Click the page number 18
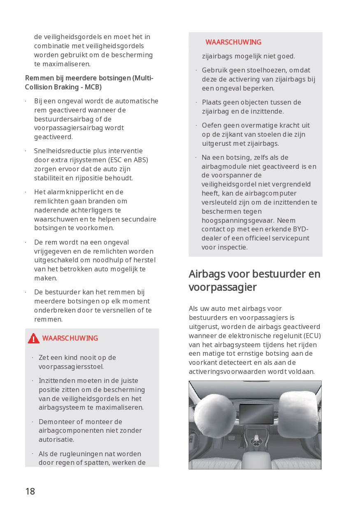tap(30, 491)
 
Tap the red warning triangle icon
tap(34, 338)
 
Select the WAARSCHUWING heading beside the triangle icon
tap(70, 338)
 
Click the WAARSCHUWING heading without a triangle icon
tap(233, 42)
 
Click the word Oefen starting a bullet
tap(211, 125)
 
